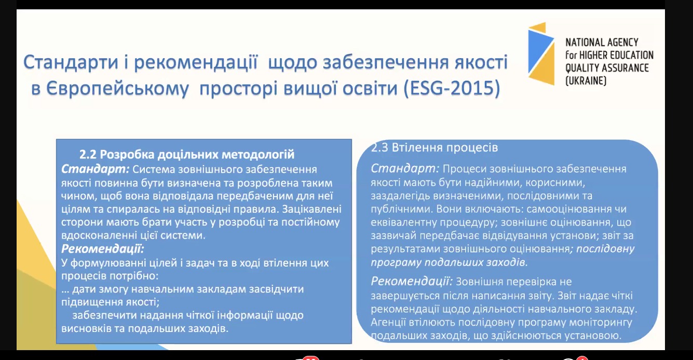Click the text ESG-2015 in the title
(452, 88)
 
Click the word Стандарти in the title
(71, 62)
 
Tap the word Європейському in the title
(117, 89)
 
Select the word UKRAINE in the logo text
(586, 81)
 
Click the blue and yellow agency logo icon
(541, 53)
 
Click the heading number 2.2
(88, 155)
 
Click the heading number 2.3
(379, 147)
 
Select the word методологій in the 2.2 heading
(258, 155)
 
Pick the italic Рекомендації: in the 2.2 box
(103, 248)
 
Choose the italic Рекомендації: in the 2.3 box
(412, 282)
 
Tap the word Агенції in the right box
(388, 323)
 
